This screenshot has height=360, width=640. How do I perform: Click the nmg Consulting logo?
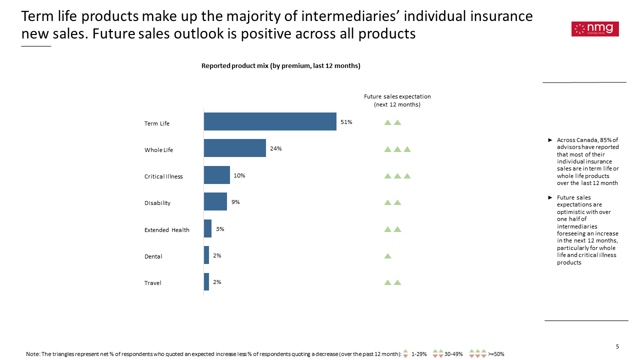point(595,29)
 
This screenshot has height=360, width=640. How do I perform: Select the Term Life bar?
point(270,121)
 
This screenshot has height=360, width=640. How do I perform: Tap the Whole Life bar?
point(235,148)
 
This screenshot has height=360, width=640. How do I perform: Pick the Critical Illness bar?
point(217,175)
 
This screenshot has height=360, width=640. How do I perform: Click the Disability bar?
point(215,201)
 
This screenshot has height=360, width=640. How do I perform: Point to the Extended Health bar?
point(207,228)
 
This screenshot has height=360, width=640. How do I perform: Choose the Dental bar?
point(206,255)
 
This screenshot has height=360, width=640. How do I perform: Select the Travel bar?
point(206,281)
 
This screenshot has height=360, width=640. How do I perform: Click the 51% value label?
point(346,122)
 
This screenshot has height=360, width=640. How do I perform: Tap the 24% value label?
point(275,148)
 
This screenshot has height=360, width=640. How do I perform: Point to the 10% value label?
point(239,175)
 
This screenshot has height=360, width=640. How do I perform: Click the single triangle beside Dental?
point(387,255)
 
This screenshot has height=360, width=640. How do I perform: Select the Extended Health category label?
point(167,230)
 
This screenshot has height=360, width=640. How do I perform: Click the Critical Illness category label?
point(163,176)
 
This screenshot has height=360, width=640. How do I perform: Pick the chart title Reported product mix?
point(281,65)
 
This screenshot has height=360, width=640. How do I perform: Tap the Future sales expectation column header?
point(397,100)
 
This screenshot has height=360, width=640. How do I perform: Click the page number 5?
point(617,346)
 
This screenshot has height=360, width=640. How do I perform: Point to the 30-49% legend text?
point(453,354)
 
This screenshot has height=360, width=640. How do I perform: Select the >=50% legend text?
point(496,354)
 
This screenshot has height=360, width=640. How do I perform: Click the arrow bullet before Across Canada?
point(550,140)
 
